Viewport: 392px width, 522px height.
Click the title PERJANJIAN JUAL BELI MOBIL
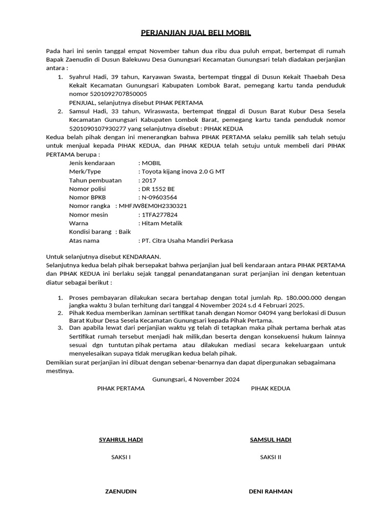[196, 34]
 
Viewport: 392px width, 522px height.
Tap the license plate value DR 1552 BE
[158, 189]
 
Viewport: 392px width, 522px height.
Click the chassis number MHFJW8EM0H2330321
[153, 206]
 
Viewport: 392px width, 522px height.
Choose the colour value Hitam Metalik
[162, 223]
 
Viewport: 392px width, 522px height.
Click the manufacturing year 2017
[149, 180]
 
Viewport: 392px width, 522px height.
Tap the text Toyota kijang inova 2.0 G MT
[183, 172]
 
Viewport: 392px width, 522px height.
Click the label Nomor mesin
[88, 215]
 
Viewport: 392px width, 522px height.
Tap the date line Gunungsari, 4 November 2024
[195, 380]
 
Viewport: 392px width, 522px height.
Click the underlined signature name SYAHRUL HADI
[120, 440]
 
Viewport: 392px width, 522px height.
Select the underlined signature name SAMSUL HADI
[270, 440]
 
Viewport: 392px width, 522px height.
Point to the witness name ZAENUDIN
[120, 491]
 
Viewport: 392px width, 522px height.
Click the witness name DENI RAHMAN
[270, 491]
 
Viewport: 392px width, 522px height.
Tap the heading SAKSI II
[270, 457]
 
